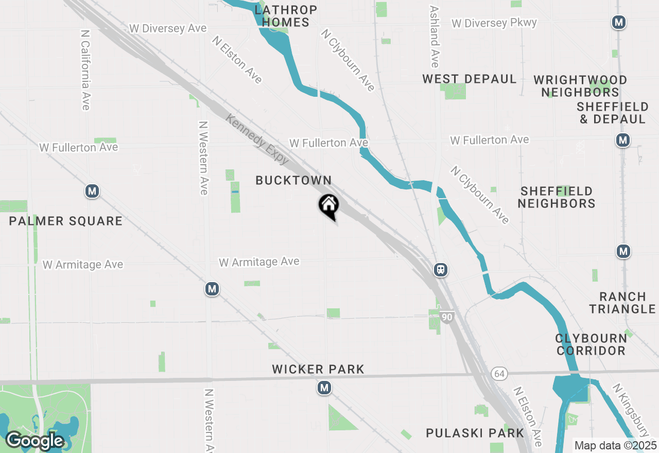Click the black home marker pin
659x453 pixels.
coord(328,206)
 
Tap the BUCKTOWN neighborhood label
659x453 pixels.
coord(293,180)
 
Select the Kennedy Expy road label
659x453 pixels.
coord(257,139)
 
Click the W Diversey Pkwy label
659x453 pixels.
coord(494,23)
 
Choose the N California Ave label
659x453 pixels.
coord(86,69)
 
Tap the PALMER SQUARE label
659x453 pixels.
coord(65,221)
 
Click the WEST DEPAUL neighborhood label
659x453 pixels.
coord(469,79)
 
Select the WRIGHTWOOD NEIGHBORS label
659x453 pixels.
coord(580,86)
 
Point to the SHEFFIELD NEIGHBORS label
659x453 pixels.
coord(556,197)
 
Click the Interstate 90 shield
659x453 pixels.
coord(447,317)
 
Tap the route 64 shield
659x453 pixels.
coord(498,373)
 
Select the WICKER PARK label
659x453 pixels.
coord(318,369)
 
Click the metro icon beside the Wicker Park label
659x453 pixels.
coord(324,388)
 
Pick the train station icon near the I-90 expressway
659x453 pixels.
coord(440,270)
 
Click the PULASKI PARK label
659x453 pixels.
coord(475,433)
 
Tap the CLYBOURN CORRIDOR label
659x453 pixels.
coord(591,344)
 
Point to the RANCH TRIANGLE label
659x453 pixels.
coord(622,303)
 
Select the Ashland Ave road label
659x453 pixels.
coord(435,37)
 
